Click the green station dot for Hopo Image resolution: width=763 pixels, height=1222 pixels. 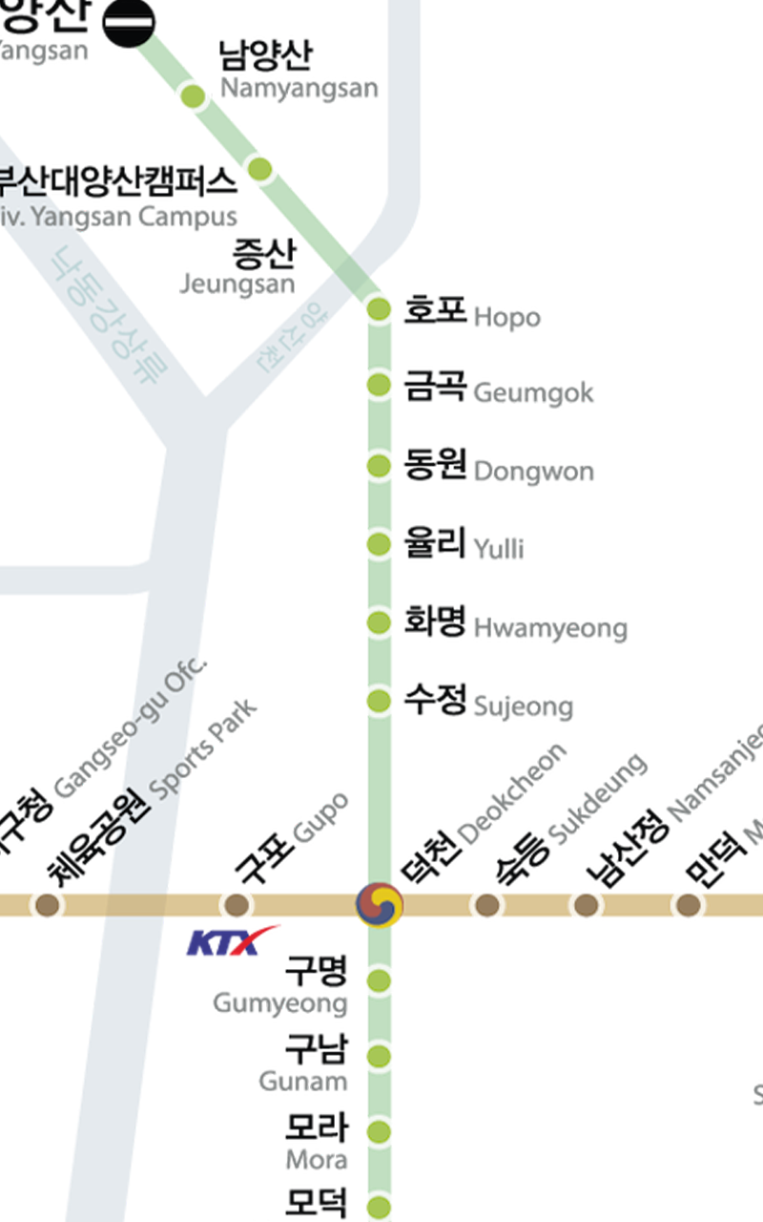coord(380,308)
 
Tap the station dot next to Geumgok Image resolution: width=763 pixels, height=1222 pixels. coord(380,386)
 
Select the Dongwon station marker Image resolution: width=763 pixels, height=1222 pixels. coord(380,466)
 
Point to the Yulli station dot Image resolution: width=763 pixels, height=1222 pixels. coord(380,544)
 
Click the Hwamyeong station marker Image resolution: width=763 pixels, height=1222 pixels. coord(380,622)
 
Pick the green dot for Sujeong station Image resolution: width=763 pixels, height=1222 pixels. coord(380,701)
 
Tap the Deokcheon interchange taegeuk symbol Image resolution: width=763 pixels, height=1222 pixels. coord(380,904)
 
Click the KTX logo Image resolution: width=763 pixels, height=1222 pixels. coord(232,941)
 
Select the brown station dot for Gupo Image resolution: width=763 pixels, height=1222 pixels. coord(236,904)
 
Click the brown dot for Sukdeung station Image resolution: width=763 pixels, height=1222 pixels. coord(486,904)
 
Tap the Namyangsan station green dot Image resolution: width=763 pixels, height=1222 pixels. coord(194,95)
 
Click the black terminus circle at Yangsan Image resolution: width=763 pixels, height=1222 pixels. coord(130,21)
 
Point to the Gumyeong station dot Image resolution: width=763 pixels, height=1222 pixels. coord(380,980)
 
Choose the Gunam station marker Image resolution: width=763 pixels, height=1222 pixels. coord(380,1056)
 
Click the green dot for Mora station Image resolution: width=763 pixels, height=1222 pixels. coord(380,1131)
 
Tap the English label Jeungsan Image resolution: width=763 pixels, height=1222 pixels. coord(237,284)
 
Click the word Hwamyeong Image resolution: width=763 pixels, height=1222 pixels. coord(550,628)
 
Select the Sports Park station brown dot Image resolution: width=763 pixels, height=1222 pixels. coord(46,904)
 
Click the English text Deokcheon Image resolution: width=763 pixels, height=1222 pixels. coord(513,792)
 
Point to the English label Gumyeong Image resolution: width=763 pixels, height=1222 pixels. coord(280,1003)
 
